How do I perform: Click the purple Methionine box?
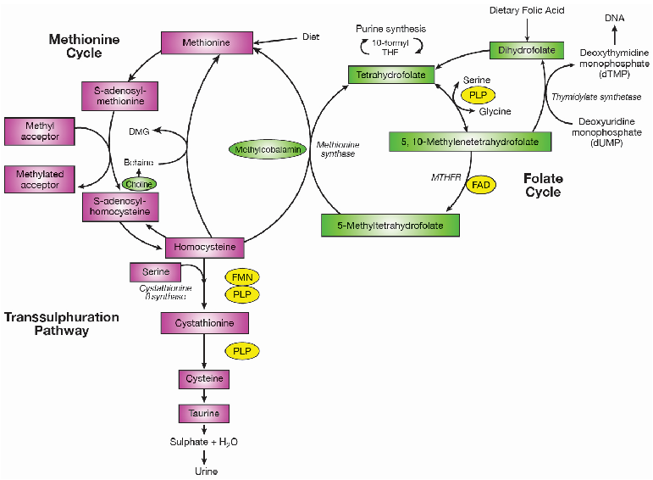pos(207,42)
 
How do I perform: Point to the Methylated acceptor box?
pos(39,179)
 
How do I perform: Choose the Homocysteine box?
pos(206,247)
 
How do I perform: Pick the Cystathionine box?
pos(204,323)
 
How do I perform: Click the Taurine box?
pos(204,413)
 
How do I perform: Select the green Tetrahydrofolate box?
pos(390,75)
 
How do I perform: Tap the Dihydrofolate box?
pos(526,50)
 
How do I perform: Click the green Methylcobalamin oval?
pos(265,148)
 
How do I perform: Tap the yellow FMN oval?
pos(241,276)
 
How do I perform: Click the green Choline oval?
pos(139,183)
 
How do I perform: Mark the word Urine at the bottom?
pos(204,471)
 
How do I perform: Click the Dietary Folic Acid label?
pos(527,10)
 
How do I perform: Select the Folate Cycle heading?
pos(543,186)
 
